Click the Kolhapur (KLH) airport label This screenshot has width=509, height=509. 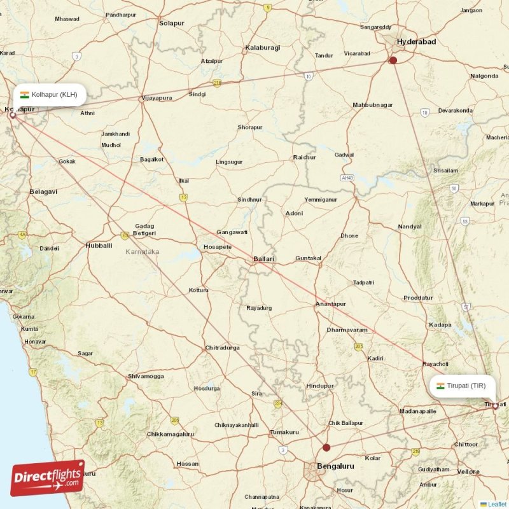49,95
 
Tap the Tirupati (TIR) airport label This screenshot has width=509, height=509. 462,386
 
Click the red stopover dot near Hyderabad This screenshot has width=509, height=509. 393,60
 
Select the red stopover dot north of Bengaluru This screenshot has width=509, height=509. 326,447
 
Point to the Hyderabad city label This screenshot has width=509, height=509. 416,41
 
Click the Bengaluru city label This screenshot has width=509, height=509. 336,466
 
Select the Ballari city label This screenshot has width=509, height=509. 264,259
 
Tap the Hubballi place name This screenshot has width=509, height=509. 99,245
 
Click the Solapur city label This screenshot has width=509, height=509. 172,24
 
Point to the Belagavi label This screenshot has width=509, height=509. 43,192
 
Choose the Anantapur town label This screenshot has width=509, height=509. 331,304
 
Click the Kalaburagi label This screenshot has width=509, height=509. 263,48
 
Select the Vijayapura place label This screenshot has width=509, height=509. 157,98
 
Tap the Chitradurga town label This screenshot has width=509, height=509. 222,348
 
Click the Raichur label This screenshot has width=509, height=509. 304,157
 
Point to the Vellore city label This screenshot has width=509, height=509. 469,471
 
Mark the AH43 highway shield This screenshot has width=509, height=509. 347,178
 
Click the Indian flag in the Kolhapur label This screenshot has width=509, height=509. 24,95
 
